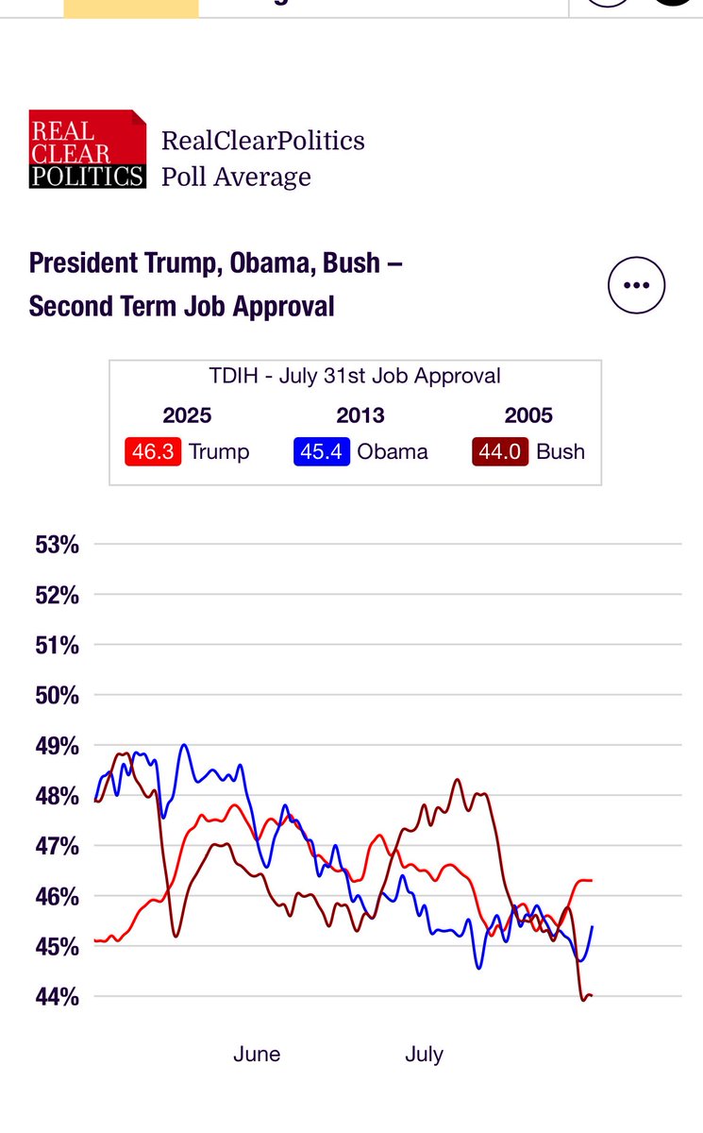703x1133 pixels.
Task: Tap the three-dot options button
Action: [x=636, y=284]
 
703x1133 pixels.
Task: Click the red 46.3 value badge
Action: [x=153, y=451]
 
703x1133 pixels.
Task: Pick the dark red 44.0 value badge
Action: [x=500, y=451]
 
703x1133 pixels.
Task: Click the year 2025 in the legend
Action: [x=187, y=415]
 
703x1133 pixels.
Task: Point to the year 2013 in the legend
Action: [x=360, y=415]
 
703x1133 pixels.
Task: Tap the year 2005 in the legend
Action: [x=528, y=415]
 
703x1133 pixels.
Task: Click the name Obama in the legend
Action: [x=392, y=451]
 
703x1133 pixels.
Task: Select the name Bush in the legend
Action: [x=561, y=451]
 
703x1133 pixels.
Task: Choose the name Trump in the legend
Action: [x=219, y=451]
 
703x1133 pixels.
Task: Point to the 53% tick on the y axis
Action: [x=58, y=545]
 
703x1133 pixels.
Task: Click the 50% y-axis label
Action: [x=58, y=696]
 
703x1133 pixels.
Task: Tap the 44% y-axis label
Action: [x=58, y=996]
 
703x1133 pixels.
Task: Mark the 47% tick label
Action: [x=58, y=846]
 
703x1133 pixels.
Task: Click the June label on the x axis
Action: [x=257, y=1055]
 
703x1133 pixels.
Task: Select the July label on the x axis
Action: [x=424, y=1055]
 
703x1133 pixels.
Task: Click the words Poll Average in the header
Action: [x=236, y=177]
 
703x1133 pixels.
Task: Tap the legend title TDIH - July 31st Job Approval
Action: [x=355, y=376]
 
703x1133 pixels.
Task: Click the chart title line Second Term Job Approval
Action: [x=181, y=306]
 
